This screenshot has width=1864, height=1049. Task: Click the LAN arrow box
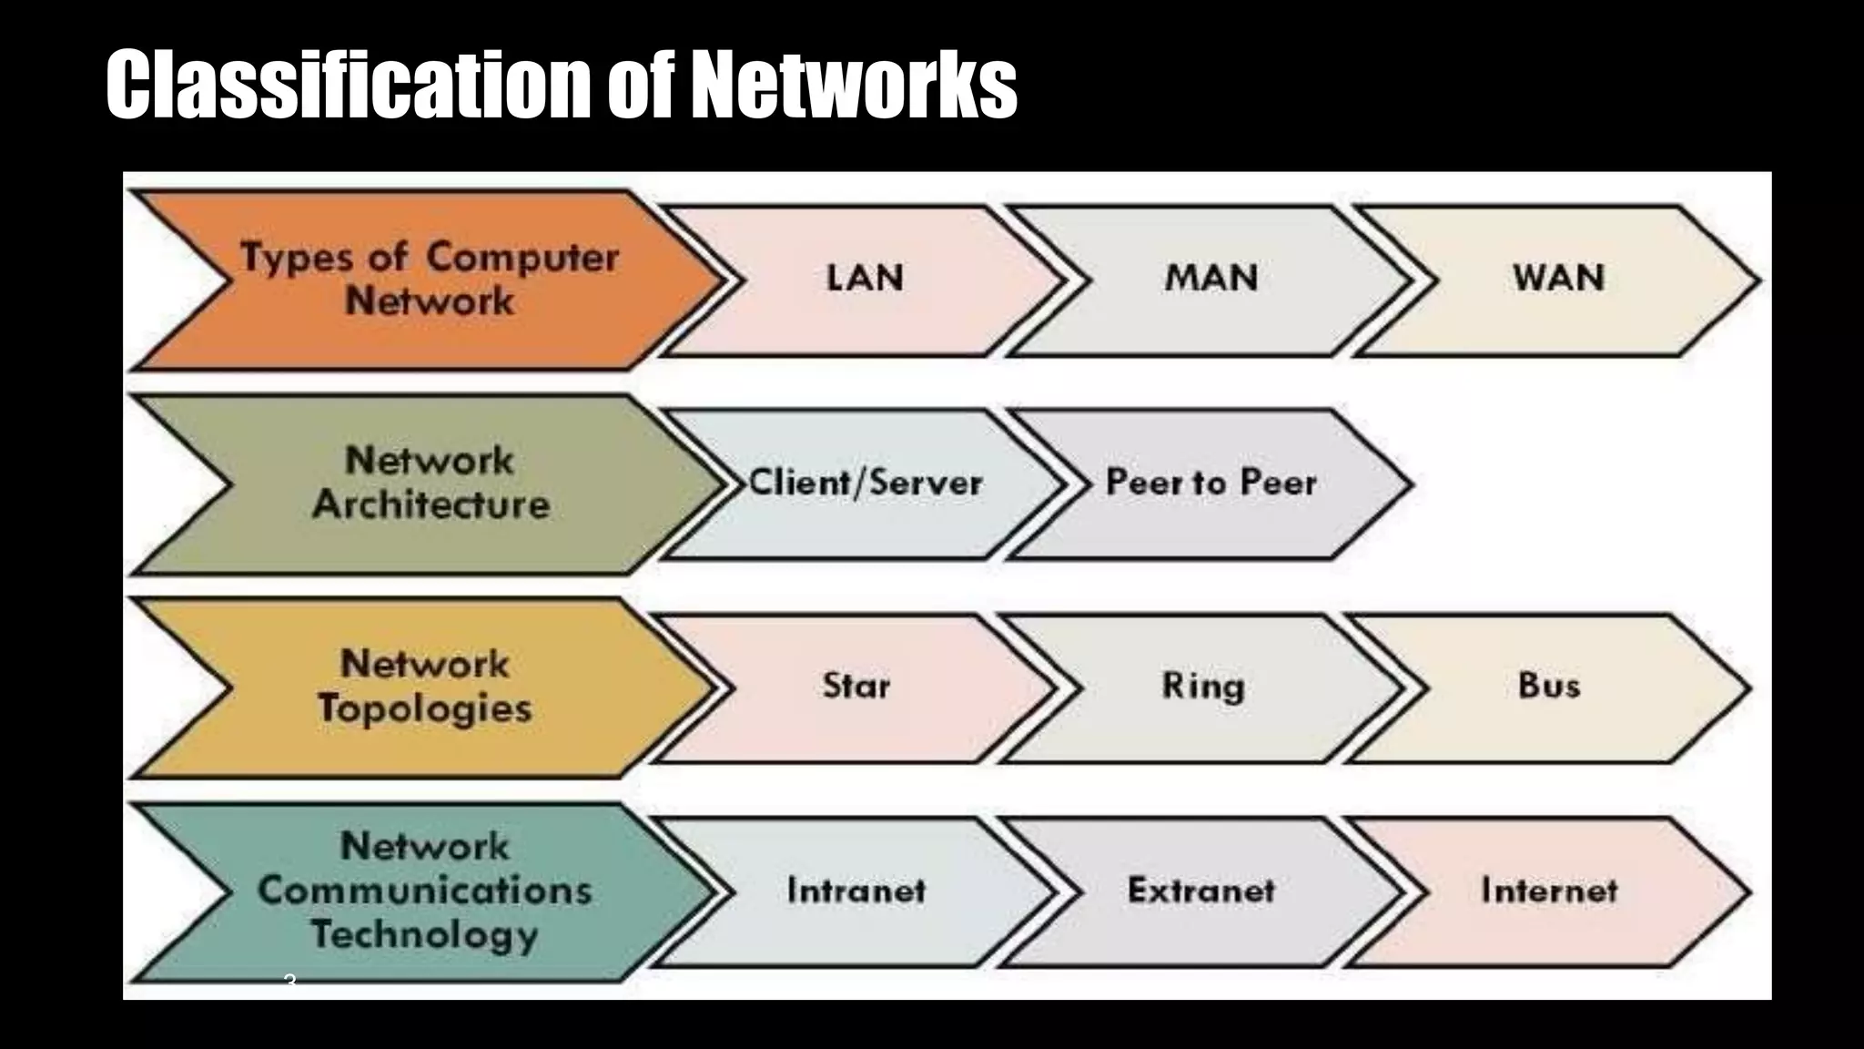(865, 279)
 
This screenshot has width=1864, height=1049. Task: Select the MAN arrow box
(1211, 279)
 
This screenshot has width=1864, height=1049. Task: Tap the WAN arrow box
(1558, 279)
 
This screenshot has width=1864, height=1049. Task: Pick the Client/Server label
(866, 483)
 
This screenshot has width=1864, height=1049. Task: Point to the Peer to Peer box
(1211, 483)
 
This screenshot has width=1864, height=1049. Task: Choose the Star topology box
(856, 687)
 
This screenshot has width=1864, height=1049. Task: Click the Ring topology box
(1202, 687)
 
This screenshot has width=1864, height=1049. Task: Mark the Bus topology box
(1549, 687)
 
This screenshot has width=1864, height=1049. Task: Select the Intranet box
(856, 891)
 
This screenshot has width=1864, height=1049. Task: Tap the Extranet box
(1201, 891)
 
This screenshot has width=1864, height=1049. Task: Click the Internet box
(1549, 891)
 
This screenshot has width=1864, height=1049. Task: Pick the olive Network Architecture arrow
(430, 483)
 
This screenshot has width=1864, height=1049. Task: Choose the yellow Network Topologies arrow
(424, 687)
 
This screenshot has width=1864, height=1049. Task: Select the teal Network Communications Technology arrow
(424, 891)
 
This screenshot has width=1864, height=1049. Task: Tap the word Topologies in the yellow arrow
(424, 709)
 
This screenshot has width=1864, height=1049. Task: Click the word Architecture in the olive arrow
(431, 505)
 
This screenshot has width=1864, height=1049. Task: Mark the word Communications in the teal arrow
(424, 891)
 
